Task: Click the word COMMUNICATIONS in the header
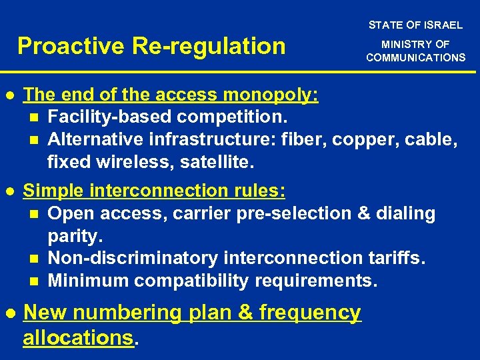pos(416,57)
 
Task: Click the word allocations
pos(78,337)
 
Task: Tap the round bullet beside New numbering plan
pos(9,313)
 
